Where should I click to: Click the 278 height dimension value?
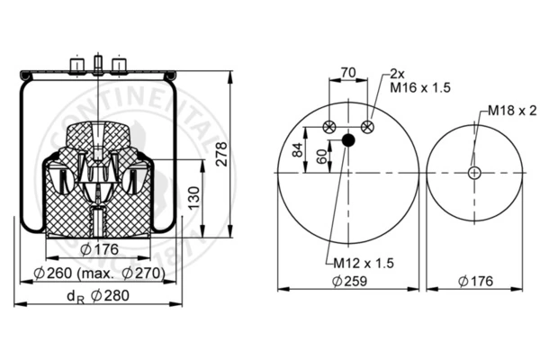coord(221,154)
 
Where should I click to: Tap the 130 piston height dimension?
coord(194,198)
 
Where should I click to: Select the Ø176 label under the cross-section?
coord(99,249)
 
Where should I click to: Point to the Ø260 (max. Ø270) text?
coord(100,274)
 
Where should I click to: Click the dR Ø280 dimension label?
coord(98,296)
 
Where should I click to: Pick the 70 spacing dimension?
coord(348,73)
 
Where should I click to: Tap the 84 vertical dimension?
coord(298,149)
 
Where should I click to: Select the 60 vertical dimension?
coord(321,157)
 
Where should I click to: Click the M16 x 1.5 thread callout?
coord(420,87)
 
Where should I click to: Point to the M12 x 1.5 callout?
coord(364,264)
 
